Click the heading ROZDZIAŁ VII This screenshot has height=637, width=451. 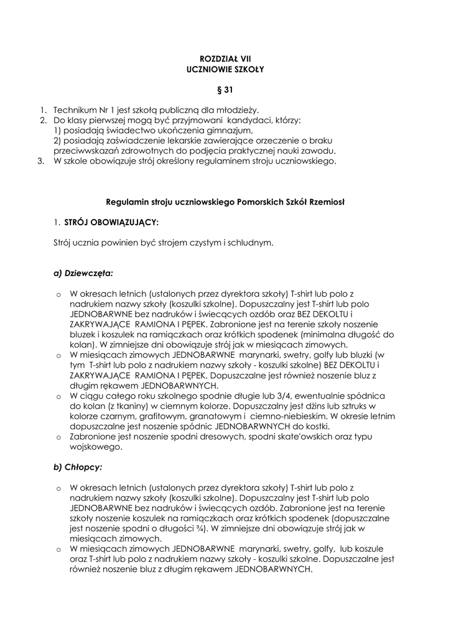[x=225, y=58]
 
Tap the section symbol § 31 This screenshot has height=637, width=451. [x=225, y=90]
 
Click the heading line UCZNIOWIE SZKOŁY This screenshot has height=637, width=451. [x=225, y=70]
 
